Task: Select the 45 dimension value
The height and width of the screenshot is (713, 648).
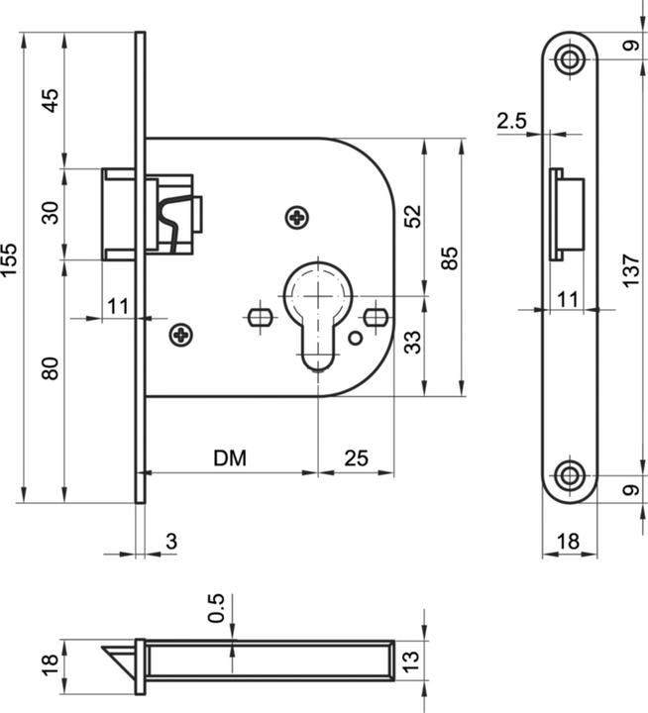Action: (51, 100)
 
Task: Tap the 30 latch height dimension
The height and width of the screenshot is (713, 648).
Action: (51, 212)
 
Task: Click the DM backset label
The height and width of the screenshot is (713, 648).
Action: (230, 458)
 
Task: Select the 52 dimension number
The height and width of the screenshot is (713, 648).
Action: (412, 217)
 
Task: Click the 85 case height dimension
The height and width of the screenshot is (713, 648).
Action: (449, 259)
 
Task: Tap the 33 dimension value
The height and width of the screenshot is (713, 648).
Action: (412, 343)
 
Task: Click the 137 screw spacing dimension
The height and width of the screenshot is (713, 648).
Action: (631, 268)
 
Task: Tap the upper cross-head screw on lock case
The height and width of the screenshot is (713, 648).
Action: (295, 217)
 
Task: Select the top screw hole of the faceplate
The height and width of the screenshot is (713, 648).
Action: (569, 57)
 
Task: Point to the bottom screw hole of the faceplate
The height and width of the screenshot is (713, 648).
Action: (569, 475)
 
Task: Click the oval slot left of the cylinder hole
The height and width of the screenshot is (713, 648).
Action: (259, 318)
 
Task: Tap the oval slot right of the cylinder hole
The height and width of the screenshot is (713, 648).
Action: (375, 318)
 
